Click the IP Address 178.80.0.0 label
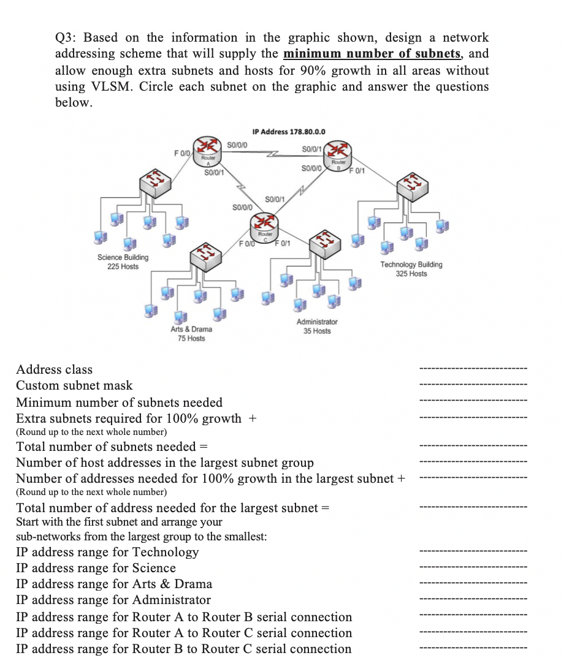click(x=289, y=131)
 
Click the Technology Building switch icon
click(x=411, y=183)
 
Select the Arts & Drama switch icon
click(x=205, y=257)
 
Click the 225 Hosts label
click(x=123, y=266)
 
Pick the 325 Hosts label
click(x=411, y=273)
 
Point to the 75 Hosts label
click(x=191, y=339)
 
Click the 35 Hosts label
click(x=317, y=331)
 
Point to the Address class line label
click(x=54, y=369)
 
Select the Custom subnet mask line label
click(x=74, y=385)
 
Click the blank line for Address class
click(x=472, y=369)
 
